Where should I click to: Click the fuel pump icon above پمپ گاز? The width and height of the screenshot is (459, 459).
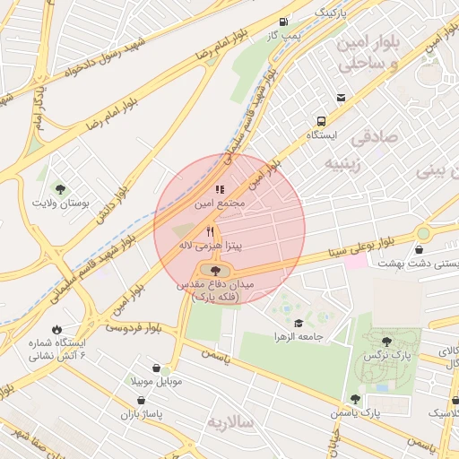click(284, 22)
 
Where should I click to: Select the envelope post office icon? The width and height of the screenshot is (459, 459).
click(341, 98)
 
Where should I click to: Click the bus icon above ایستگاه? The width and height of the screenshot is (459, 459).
click(320, 120)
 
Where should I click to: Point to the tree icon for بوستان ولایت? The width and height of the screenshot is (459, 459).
click(60, 189)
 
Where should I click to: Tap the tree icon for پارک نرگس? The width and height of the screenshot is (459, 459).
click(386, 342)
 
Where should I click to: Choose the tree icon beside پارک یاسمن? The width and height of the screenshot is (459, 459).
click(355, 399)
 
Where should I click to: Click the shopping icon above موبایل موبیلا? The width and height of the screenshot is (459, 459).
click(157, 368)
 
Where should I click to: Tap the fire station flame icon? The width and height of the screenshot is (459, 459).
click(58, 329)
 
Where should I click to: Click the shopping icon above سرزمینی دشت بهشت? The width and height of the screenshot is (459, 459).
click(420, 249)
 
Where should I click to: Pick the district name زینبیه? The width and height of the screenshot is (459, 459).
click(343, 164)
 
